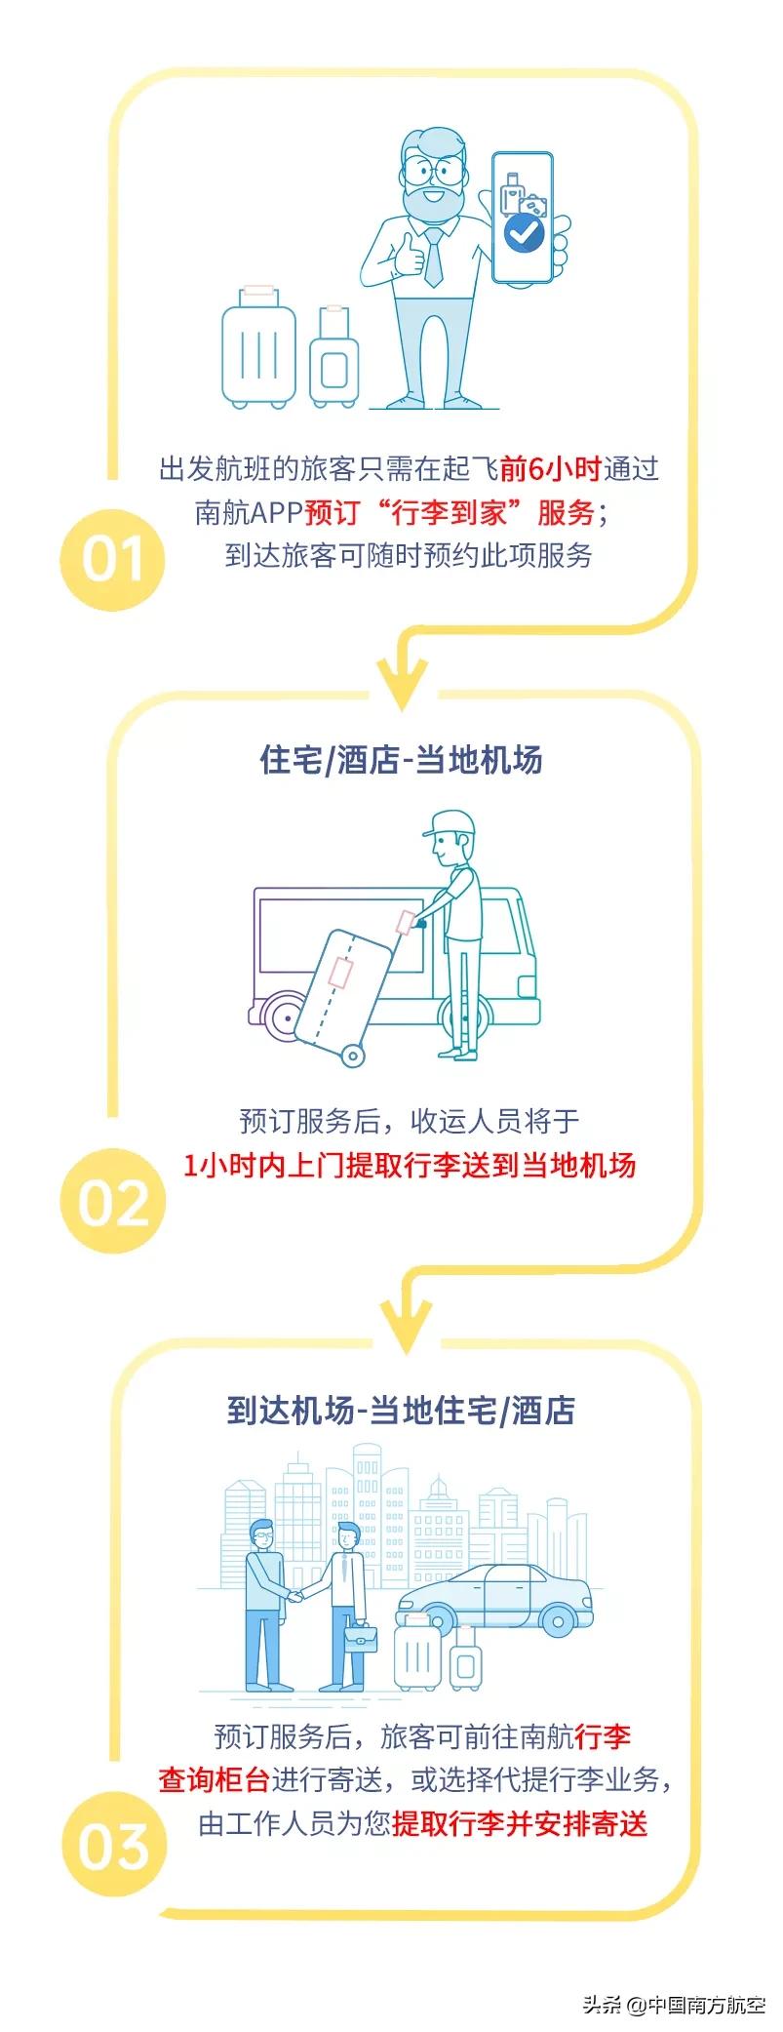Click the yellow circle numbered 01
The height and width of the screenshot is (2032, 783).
click(x=112, y=558)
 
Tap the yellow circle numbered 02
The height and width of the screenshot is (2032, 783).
click(x=112, y=1203)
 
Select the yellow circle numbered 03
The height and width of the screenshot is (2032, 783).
click(x=112, y=1847)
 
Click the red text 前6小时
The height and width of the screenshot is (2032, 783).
click(x=551, y=469)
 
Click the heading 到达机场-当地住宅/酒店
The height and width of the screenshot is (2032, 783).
click(x=401, y=1410)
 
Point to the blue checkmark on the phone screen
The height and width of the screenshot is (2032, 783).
click(x=524, y=232)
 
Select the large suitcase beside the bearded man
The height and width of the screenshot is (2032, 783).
click(x=258, y=348)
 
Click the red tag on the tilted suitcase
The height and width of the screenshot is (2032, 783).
click(x=340, y=972)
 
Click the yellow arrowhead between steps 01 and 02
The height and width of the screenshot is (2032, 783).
click(x=401, y=680)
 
